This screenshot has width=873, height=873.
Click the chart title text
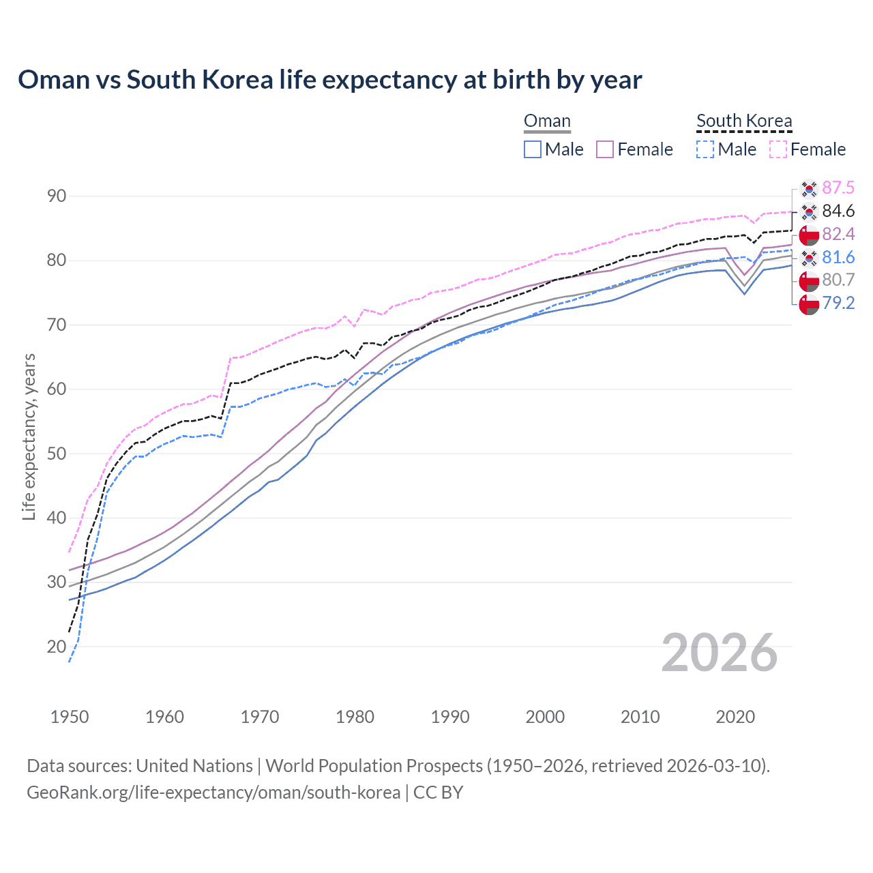(330, 80)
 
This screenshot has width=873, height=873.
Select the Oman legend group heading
(547, 121)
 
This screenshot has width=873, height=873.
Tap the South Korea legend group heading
(744, 121)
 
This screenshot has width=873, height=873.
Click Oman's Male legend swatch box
(533, 149)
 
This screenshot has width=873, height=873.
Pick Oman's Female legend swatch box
(605, 149)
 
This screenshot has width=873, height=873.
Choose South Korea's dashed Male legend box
(705, 149)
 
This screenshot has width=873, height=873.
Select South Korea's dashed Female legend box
(778, 149)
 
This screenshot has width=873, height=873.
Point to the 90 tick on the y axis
(57, 196)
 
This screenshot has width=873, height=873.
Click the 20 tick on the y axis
(57, 647)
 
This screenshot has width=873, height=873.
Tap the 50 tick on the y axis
(57, 454)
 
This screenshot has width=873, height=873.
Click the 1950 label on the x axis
(70, 717)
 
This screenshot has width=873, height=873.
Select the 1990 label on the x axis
(450, 717)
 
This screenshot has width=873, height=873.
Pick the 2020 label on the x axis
(735, 717)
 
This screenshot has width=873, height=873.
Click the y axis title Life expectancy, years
(29, 436)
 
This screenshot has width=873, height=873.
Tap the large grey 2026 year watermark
(720, 653)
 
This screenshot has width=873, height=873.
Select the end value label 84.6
(838, 211)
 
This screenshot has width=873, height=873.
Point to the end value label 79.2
(838, 304)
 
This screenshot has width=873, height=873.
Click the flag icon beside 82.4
(809, 235)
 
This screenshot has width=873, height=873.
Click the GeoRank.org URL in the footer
(213, 793)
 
